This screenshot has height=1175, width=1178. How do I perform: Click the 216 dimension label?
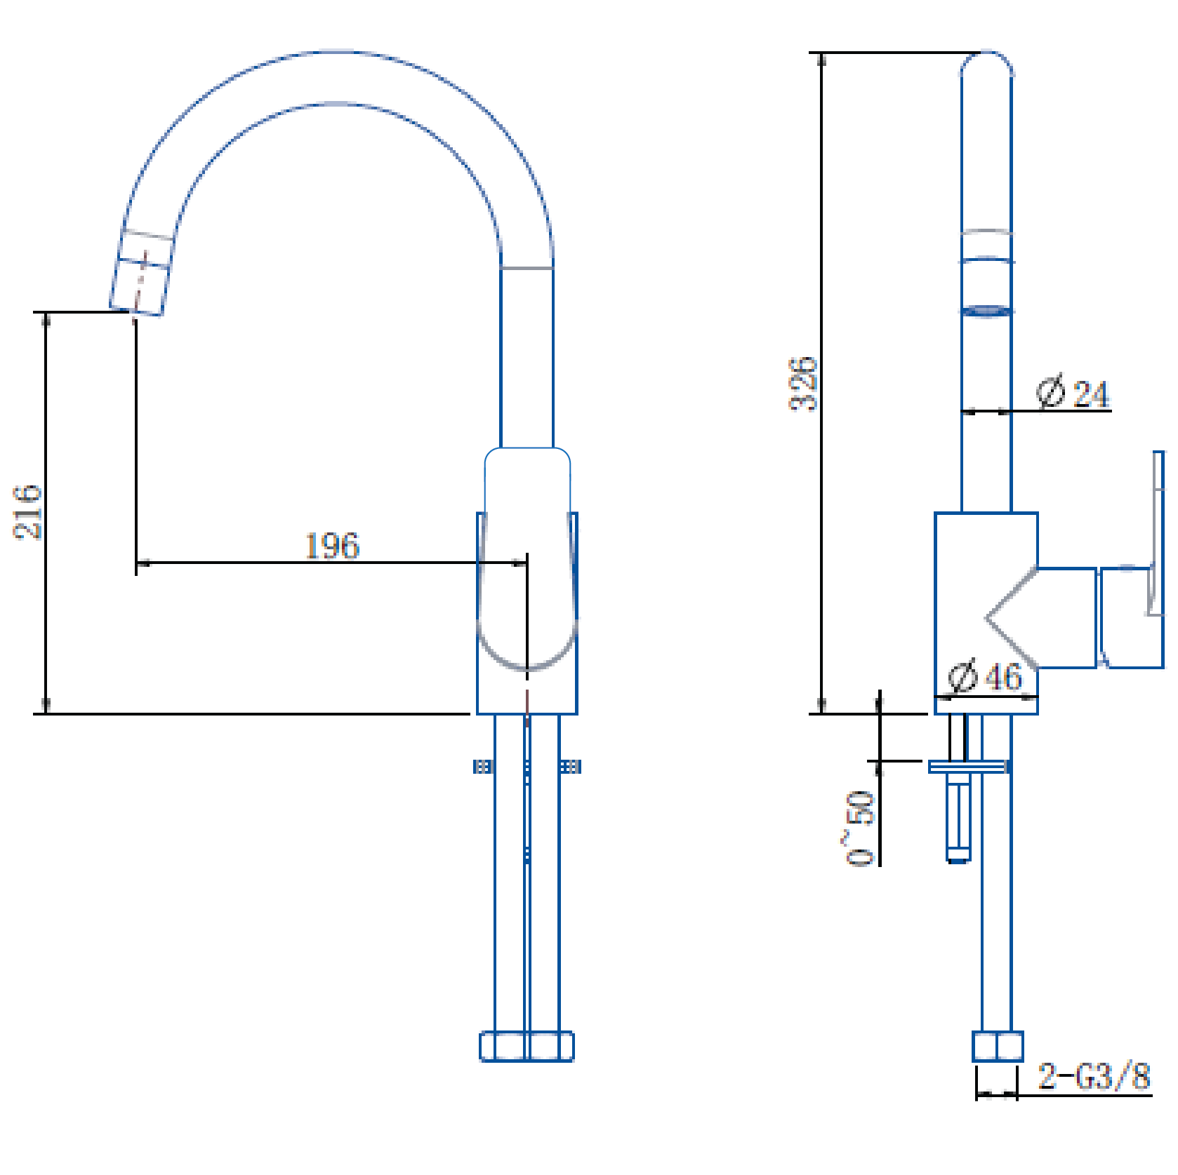click(27, 511)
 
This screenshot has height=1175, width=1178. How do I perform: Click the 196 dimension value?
click(331, 546)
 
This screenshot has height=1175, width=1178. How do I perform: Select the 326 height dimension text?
click(803, 384)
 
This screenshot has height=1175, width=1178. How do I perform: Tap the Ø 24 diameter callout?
click(1073, 393)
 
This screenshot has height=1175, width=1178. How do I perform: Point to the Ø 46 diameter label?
click(984, 677)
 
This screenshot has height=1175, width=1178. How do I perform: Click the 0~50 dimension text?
click(860, 828)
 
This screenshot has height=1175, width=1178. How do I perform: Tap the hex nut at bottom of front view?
click(527, 1047)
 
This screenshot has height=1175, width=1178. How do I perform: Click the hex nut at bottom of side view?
click(997, 1046)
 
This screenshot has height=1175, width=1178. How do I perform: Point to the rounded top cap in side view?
click(986, 63)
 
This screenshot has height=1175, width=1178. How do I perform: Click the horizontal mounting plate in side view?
click(969, 767)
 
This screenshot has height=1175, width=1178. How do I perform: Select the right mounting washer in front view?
click(571, 767)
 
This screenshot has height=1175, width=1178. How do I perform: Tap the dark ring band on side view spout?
click(986, 311)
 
